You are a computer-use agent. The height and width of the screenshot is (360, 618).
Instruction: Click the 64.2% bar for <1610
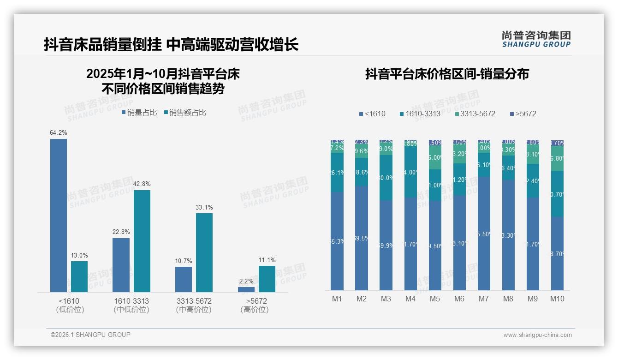coord(59,215)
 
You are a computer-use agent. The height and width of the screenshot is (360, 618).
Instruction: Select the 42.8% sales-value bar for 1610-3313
coord(142,241)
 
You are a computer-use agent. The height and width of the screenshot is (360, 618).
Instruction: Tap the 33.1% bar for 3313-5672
coord(204,252)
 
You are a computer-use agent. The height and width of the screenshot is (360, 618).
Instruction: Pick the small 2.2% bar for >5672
coord(246,289)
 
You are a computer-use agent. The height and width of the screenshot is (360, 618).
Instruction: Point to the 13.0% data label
coord(79,255)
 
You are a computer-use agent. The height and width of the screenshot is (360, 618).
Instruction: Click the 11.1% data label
coord(267,260)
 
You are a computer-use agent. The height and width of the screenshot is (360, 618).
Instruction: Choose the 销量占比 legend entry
coord(139,113)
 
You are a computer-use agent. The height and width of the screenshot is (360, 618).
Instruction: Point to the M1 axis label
coord(337,299)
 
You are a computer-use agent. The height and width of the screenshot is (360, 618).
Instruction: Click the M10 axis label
coord(557,299)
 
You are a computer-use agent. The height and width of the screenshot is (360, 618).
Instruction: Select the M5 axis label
coord(435,299)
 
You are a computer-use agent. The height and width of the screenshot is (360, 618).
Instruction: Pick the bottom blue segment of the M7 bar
coord(484,234)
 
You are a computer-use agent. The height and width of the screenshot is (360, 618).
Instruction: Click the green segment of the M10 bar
coord(557,158)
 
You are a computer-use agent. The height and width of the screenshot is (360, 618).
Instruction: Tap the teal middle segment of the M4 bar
coord(410,172)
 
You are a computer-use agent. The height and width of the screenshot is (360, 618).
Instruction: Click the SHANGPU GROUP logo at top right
coord(536,39)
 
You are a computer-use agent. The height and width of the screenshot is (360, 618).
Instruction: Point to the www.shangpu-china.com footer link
coord(537,335)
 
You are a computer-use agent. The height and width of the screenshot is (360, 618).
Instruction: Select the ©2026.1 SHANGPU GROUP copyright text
coord(90,335)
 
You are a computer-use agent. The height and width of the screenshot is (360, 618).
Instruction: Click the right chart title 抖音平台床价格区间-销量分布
coord(447,74)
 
